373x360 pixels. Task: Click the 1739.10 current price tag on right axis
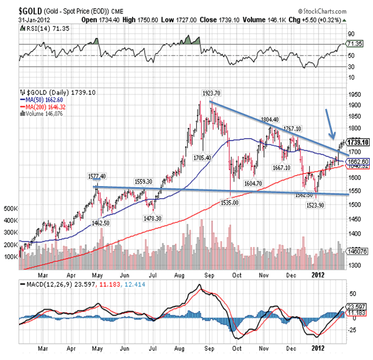click(x=357, y=141)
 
